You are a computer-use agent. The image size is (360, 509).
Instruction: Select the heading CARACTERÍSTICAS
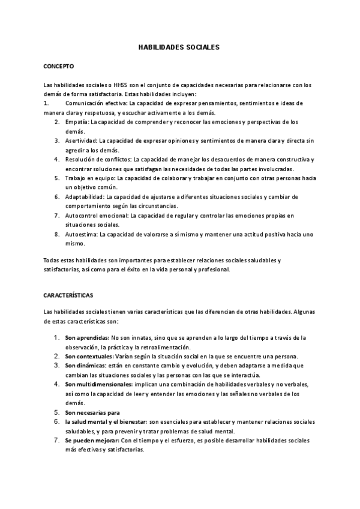(67, 296)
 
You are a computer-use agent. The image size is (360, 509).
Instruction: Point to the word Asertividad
(82, 140)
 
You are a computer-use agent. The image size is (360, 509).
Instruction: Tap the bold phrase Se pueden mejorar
(92, 440)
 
